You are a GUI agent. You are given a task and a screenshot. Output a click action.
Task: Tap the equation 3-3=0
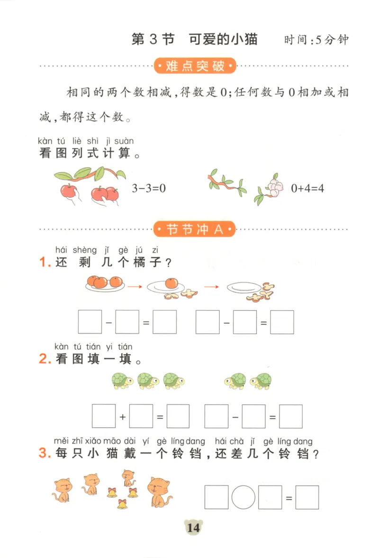149,188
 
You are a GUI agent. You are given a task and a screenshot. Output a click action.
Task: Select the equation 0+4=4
307,188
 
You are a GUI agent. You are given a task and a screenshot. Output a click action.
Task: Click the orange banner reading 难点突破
195,66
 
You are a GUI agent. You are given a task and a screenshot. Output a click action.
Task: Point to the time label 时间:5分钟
316,40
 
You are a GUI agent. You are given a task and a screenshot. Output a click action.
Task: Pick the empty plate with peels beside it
244,287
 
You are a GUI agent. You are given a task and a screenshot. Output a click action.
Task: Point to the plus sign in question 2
123,417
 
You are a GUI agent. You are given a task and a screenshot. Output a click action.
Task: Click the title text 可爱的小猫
223,39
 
